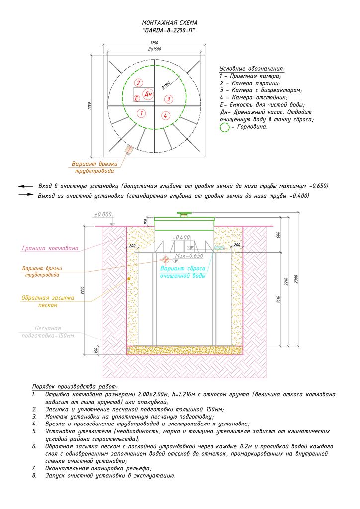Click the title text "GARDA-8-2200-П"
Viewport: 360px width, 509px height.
tap(169, 30)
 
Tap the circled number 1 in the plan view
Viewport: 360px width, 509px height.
tap(142, 113)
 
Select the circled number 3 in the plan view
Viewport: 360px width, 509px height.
tap(168, 99)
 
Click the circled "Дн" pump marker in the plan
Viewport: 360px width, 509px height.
tap(148, 94)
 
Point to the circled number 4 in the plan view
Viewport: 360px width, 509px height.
tap(165, 116)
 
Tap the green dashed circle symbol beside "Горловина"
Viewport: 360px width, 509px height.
tap(225, 127)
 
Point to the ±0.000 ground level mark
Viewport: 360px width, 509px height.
tap(103, 215)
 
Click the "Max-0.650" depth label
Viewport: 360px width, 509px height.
tap(189, 256)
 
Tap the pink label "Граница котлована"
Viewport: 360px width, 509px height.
tap(50, 248)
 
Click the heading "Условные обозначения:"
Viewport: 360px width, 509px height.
tap(252, 69)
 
